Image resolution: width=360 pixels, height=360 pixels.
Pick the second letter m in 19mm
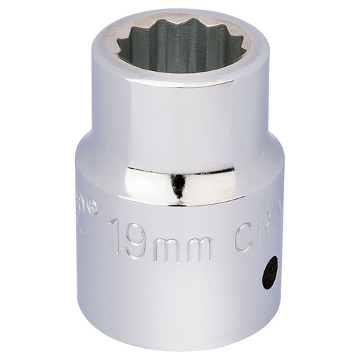(198, 236)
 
